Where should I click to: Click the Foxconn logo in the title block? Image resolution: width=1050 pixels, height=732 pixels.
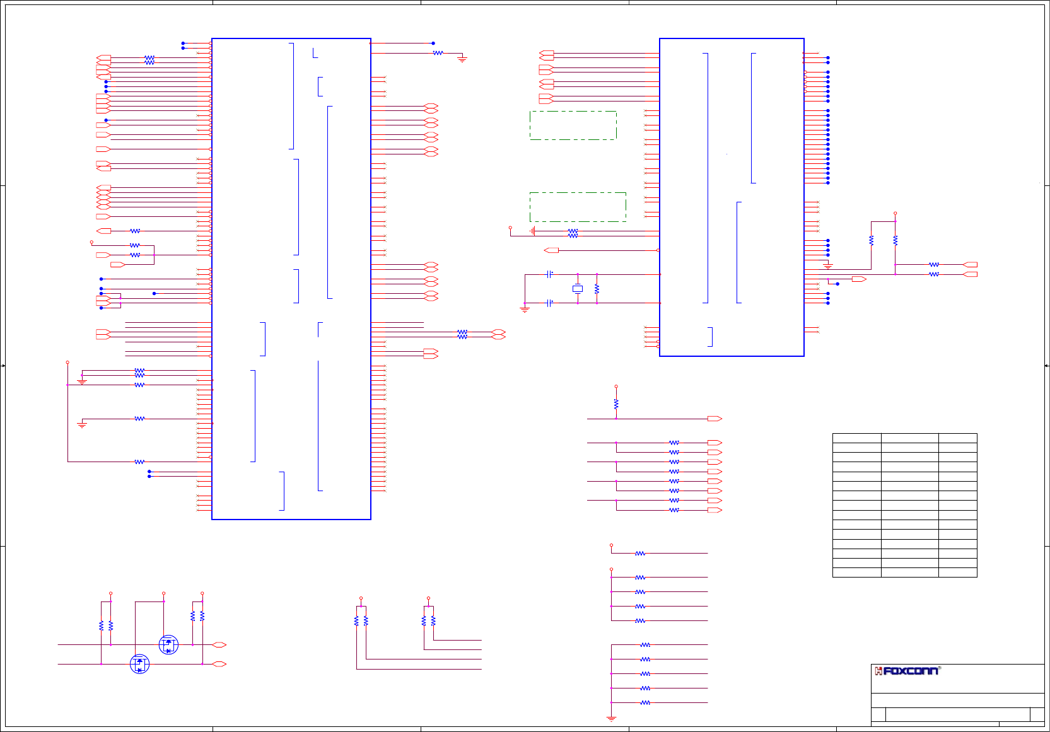(907, 671)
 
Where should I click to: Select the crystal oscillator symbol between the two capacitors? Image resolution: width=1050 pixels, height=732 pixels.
(577, 289)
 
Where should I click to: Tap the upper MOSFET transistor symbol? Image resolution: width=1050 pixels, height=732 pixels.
(168, 644)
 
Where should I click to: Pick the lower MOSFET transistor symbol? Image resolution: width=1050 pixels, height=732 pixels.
(139, 664)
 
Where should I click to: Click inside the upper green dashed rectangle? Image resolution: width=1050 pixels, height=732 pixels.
(573, 125)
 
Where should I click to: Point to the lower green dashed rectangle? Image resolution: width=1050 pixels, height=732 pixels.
(578, 207)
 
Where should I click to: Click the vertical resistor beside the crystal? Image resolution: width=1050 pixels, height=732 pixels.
(597, 289)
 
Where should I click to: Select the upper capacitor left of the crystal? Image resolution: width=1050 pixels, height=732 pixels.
(550, 274)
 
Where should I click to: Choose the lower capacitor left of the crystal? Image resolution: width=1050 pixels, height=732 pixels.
(550, 303)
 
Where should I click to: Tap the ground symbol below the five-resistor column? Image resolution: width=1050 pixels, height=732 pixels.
(611, 718)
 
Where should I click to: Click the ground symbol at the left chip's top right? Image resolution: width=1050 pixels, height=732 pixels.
(462, 60)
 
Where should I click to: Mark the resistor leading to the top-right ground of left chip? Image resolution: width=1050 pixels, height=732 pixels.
(438, 53)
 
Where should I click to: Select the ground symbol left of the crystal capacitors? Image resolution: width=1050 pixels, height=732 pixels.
(525, 309)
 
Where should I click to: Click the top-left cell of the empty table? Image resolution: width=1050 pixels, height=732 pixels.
(856, 438)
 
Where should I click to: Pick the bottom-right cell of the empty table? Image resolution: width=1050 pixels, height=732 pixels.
(957, 572)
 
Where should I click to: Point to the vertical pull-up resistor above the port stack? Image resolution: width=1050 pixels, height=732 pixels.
(616, 404)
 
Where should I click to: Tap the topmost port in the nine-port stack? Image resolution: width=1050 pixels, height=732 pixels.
(715, 419)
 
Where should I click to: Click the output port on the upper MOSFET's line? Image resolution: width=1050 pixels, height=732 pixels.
(219, 645)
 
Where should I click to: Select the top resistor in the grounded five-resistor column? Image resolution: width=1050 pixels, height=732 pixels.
(645, 645)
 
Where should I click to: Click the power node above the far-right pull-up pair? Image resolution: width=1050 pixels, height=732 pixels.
(895, 214)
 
